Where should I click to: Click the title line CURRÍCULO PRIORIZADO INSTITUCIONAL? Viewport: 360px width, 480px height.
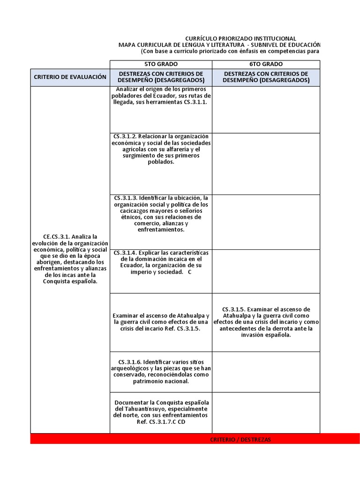pyautogui.click(x=240, y=38)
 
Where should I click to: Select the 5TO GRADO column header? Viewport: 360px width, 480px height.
pyautogui.click(x=161, y=64)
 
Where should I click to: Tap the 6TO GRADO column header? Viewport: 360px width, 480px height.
pyautogui.click(x=266, y=64)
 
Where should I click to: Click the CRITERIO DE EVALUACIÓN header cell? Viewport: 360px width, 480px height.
pyautogui.click(x=70, y=77)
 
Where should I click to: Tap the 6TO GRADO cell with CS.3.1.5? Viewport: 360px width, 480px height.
pyautogui.click(x=266, y=322)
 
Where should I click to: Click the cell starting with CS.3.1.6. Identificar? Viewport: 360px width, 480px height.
pyautogui.click(x=161, y=371)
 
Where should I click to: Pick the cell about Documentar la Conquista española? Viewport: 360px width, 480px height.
pyautogui.click(x=161, y=412)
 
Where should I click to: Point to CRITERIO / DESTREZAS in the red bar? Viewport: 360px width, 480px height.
pyautogui.click(x=240, y=439)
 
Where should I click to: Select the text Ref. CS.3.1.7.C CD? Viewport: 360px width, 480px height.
pyautogui.click(x=161, y=422)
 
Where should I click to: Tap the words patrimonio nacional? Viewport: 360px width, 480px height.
pyautogui.click(x=161, y=381)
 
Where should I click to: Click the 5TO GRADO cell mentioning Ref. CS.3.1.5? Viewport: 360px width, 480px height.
pyautogui.click(x=161, y=322)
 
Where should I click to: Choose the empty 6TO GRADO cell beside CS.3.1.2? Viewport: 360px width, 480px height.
pyautogui.click(x=266, y=163)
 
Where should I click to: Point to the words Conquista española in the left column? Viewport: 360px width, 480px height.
pyautogui.click(x=70, y=282)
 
